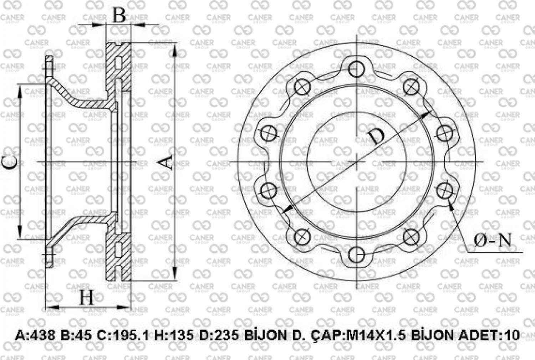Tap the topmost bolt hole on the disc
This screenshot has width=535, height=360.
click(356, 69)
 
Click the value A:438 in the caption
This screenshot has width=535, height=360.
click(35, 335)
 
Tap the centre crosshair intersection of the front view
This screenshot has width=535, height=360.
click(356, 162)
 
